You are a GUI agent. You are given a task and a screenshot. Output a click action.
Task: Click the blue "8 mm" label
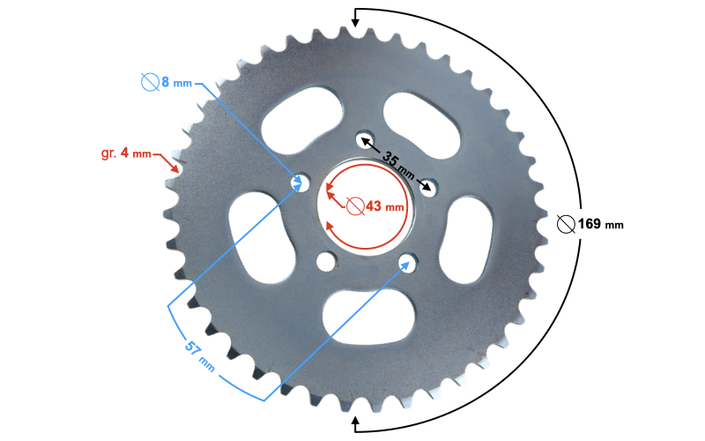pos(177,82)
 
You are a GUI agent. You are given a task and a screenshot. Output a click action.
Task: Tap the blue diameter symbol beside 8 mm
pos(150,82)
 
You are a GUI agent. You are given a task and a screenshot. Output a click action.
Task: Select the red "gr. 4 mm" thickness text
pos(126,153)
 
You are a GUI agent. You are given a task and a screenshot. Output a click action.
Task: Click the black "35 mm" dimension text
pos(398,164)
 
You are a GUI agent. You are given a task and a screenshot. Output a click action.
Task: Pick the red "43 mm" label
pos(385,206)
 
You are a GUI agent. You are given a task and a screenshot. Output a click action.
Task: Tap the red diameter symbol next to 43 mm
pos(355,206)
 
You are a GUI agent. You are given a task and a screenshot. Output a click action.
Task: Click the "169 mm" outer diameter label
pos(601,224)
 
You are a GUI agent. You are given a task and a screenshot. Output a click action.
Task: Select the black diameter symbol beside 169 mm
pos(566,224)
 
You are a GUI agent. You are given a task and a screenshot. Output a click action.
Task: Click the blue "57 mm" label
pos(200,356)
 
